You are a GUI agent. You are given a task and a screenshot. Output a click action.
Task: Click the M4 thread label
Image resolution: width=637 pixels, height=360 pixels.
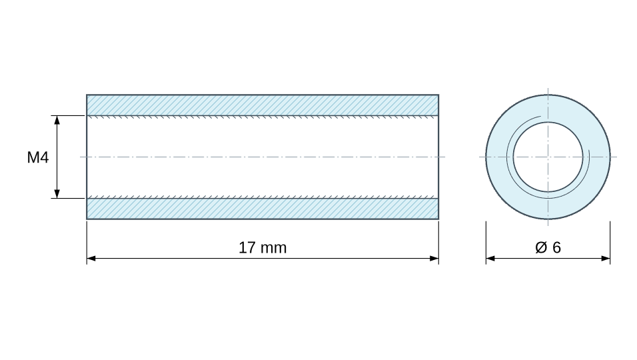(38, 157)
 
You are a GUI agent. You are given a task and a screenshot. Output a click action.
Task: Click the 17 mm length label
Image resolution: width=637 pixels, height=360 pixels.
(263, 248)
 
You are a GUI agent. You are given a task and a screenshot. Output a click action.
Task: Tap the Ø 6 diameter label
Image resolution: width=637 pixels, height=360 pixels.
(548, 247)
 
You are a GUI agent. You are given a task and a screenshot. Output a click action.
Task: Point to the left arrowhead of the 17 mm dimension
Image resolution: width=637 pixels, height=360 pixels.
(91, 259)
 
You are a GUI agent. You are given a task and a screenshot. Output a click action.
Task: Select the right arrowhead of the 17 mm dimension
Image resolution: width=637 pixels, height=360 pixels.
(434, 259)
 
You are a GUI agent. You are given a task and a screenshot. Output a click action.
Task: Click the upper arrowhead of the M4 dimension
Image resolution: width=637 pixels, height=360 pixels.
(57, 120)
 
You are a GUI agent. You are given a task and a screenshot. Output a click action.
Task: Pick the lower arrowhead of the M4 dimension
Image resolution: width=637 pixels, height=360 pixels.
(57, 194)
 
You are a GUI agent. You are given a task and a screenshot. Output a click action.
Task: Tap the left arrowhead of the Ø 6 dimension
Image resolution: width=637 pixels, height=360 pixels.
(491, 259)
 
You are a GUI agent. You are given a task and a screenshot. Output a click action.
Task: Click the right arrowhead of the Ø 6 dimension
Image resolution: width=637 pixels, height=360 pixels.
(606, 259)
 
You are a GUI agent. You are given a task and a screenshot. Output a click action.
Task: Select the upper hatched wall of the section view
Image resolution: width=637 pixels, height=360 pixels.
(263, 105)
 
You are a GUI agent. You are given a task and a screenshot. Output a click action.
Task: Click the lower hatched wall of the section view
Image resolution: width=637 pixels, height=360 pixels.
(263, 209)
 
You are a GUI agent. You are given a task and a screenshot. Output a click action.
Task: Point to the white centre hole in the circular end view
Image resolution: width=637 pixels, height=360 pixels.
(548, 157)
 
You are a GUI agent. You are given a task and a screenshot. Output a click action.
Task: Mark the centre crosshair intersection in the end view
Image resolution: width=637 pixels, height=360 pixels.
(548, 157)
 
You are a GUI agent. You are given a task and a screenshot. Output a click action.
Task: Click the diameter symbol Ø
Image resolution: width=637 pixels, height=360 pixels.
(541, 247)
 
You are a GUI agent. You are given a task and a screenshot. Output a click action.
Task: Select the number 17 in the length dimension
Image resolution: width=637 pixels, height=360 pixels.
(247, 248)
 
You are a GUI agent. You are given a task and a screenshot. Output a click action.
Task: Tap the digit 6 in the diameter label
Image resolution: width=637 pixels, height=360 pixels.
(556, 247)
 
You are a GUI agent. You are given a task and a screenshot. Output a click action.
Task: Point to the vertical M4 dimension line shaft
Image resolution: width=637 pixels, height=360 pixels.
(57, 157)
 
